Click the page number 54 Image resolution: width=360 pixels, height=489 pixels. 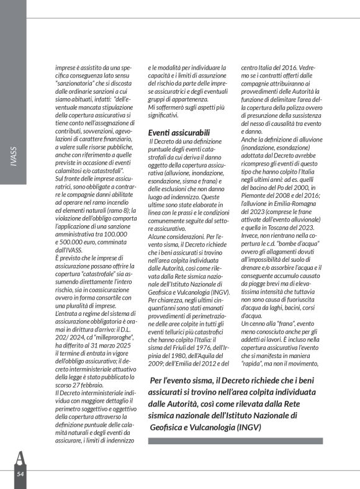point(20,474)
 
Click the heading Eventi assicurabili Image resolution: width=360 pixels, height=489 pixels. point(179,132)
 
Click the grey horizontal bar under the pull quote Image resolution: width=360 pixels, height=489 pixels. point(235,441)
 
